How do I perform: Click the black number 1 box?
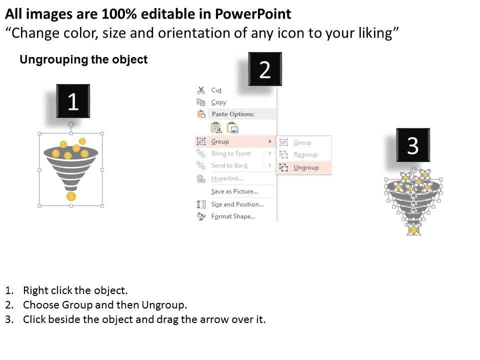73,101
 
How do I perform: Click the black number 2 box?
265,69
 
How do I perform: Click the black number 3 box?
413,145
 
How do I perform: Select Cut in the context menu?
216,90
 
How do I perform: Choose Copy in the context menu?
218,102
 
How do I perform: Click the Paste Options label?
233,114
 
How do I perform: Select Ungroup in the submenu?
306,167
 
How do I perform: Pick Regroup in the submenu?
305,154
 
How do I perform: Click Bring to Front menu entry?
231,153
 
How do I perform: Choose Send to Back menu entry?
229,165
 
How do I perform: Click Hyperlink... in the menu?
227,178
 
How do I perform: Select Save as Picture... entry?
234,191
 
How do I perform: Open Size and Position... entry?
237,204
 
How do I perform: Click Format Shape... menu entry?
233,216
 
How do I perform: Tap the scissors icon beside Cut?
201,90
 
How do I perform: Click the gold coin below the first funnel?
71,196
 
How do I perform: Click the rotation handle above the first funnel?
71,124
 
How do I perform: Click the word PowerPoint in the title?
253,14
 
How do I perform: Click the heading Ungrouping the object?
83,59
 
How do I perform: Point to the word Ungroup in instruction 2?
163,305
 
